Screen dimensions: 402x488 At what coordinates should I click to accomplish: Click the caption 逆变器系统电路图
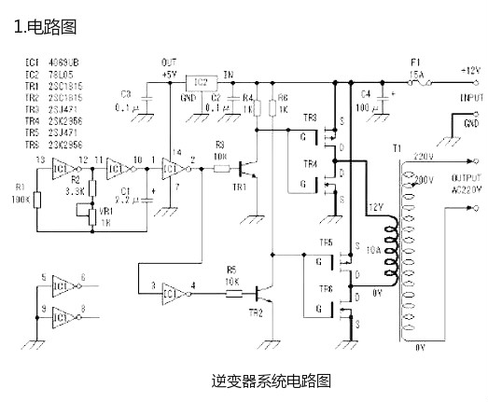271,381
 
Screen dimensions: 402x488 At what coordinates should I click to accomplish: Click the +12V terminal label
468,70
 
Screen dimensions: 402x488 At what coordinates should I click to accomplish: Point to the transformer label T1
397,149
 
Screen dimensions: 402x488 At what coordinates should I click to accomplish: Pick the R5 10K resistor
231,293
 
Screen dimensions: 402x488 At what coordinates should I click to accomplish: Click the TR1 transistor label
241,187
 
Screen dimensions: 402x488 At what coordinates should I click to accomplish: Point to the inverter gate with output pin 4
174,289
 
